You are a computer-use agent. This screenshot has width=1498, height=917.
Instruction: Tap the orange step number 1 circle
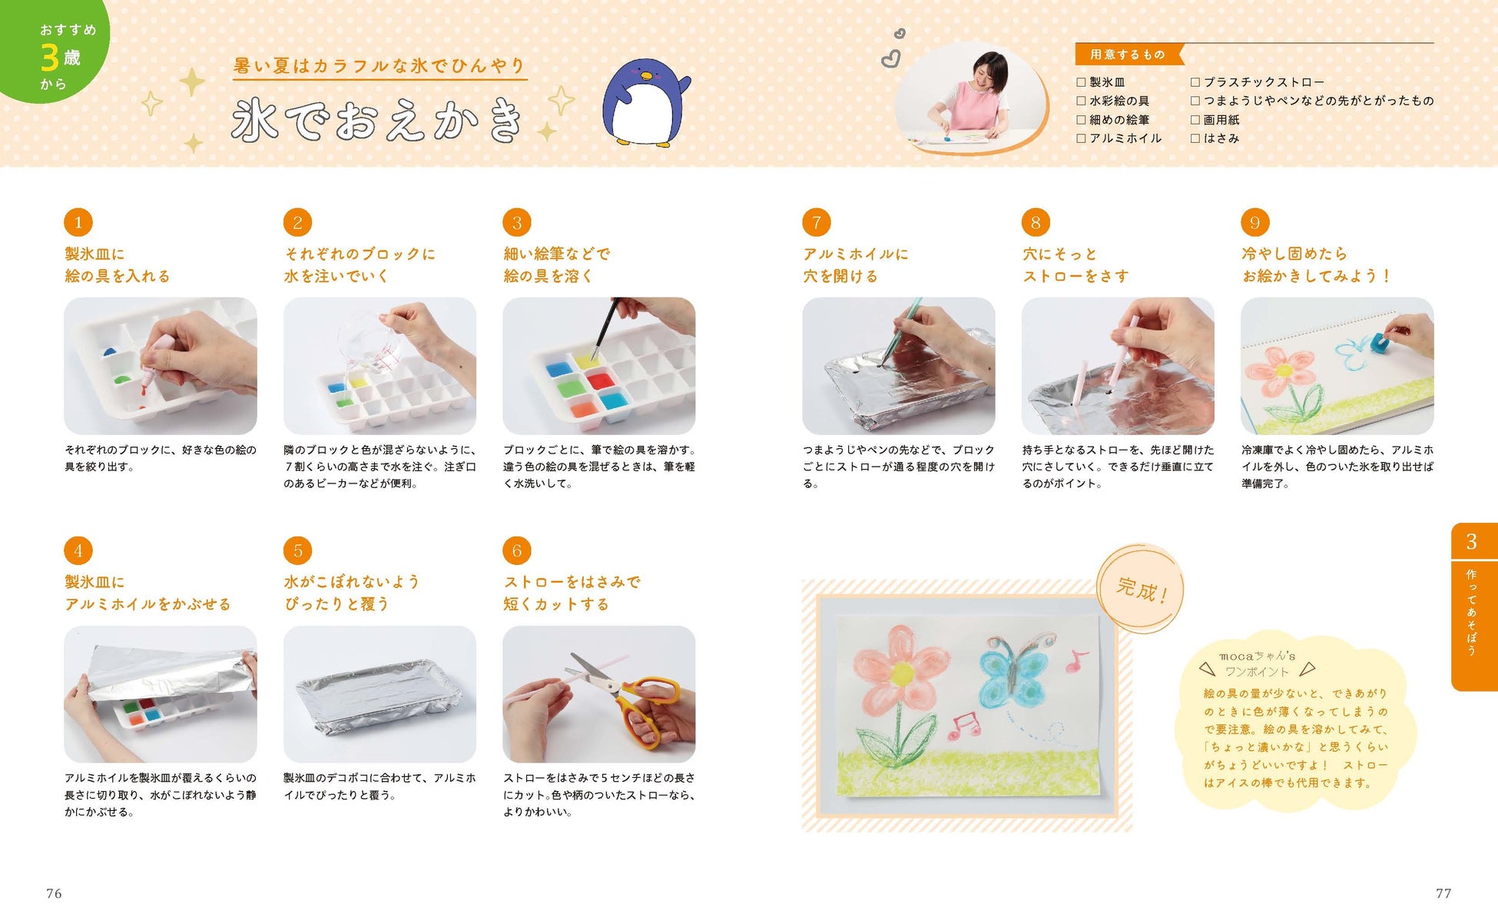[78, 222]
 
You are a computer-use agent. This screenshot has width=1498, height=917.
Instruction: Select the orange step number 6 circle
[517, 550]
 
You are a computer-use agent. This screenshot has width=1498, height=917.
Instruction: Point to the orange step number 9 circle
[1255, 222]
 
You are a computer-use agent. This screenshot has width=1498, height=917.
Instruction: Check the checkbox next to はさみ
[1195, 138]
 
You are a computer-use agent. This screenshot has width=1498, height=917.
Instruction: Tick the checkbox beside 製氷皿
[1081, 82]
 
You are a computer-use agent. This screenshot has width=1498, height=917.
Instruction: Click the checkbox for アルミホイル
[1081, 138]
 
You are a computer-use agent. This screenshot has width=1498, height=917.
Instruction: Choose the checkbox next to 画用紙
[1195, 120]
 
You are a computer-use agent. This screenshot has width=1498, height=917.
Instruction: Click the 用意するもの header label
[1128, 55]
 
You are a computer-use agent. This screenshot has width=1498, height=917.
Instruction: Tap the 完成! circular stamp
[1140, 590]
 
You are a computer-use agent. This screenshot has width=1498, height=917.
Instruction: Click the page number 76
[54, 893]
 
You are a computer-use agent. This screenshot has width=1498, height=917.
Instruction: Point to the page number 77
[1443, 893]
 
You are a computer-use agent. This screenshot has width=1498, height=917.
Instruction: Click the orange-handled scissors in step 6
[630, 696]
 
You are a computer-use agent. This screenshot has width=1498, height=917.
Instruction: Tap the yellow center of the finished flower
[903, 674]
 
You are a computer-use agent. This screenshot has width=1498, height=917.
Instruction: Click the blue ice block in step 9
[1373, 341]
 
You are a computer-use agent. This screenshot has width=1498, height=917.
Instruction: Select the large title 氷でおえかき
[377, 120]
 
